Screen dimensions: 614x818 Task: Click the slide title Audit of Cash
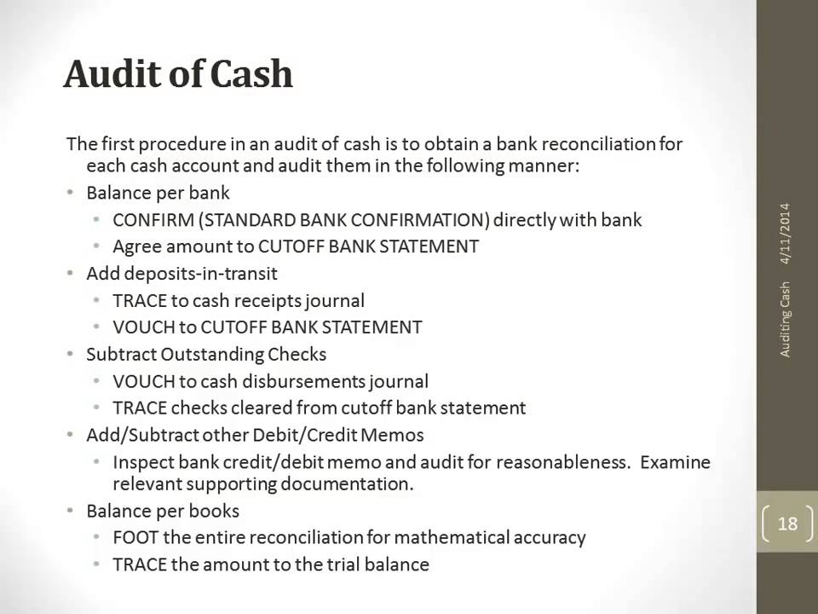coord(178,75)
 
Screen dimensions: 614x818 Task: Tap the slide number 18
coord(787,523)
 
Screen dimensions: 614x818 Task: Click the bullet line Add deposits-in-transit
coord(181,274)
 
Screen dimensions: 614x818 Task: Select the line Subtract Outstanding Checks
coord(206,353)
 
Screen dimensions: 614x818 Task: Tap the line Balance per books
coord(163,511)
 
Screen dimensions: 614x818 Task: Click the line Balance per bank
coord(158,193)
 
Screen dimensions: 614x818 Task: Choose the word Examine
coord(675,462)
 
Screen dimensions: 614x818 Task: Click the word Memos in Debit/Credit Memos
coord(394,435)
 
